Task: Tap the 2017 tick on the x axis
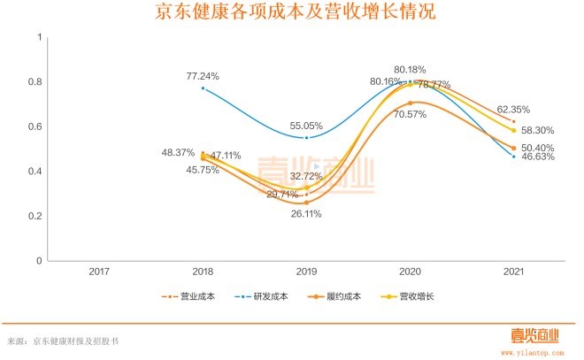pyautogui.click(x=99, y=271)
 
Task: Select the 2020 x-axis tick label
pyautogui.click(x=410, y=271)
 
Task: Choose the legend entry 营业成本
pyautogui.click(x=196, y=297)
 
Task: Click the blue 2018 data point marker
pyautogui.click(x=203, y=88)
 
